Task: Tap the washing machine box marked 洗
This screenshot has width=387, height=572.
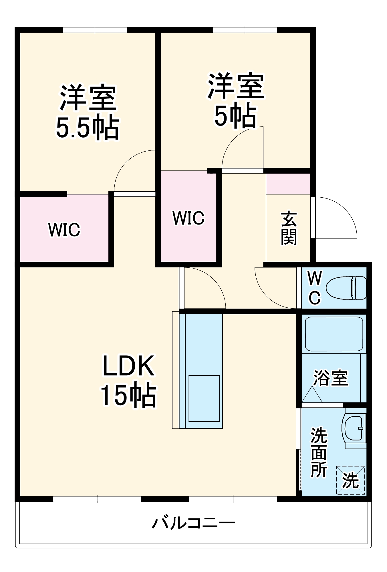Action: coord(350,480)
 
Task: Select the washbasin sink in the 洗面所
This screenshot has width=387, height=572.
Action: coord(354,428)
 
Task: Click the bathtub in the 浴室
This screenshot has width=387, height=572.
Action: coord(334,334)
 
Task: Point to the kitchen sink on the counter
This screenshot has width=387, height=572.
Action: coord(204,398)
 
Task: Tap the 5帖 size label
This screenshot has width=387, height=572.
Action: coord(235,116)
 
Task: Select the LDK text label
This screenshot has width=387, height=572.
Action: coord(128,366)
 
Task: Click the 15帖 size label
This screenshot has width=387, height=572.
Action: coord(128,395)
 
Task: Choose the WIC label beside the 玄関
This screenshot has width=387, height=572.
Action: coord(188,218)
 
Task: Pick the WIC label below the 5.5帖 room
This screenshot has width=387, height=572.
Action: coord(64,229)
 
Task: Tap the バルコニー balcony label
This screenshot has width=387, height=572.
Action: coord(193,523)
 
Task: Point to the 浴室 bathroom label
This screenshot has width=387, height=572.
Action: coord(331,378)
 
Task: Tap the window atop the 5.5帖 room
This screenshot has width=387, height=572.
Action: coord(95,30)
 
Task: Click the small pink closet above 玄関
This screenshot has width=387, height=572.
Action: coord(288,184)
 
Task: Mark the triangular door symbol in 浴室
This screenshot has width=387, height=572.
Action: coord(312,396)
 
